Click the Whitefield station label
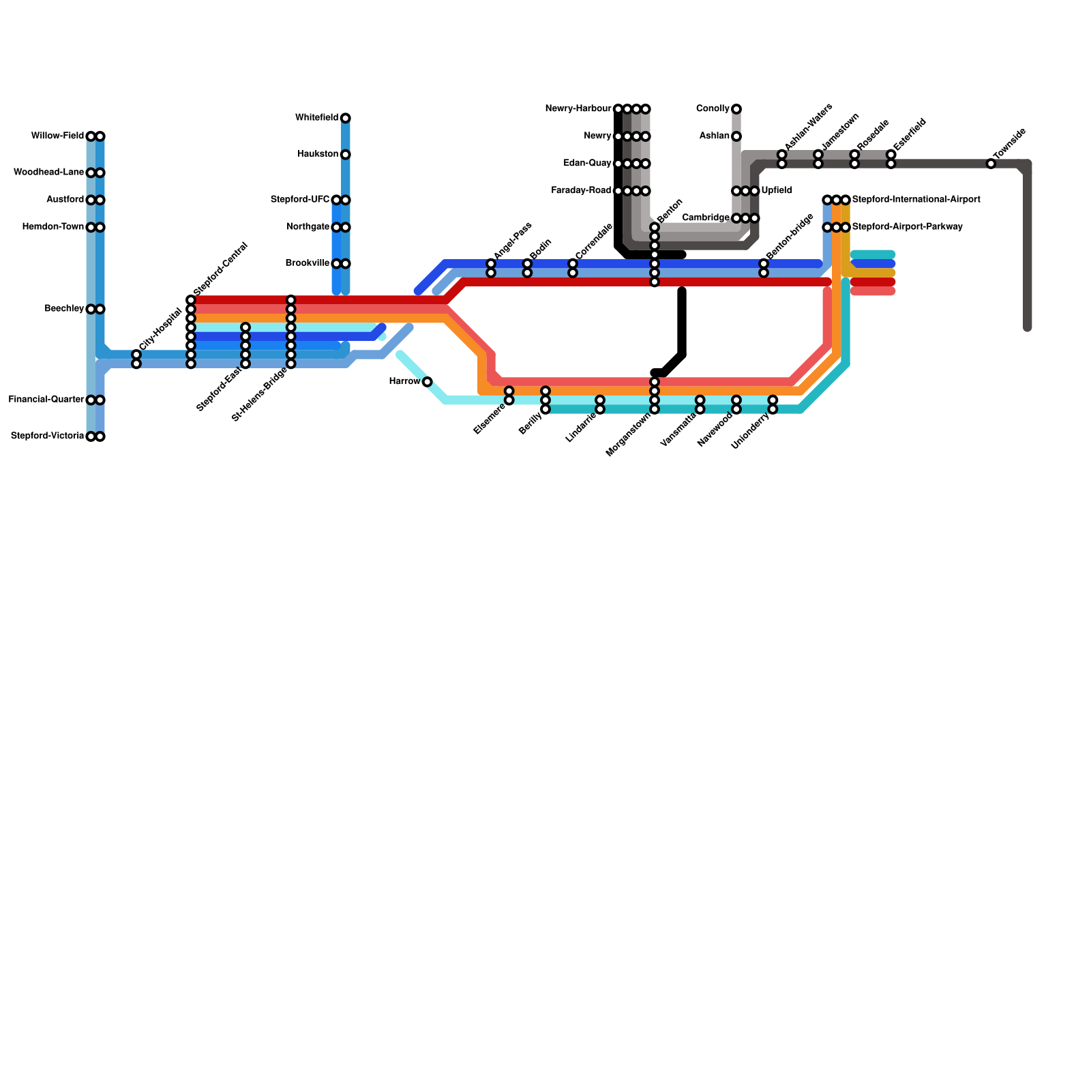tap(316, 118)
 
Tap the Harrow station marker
tap(427, 382)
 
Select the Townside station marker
tap(991, 164)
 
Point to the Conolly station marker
tap(736, 109)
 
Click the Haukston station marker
tap(346, 155)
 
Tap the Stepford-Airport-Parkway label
tap(907, 227)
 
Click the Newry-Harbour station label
tap(578, 109)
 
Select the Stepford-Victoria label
tap(47, 436)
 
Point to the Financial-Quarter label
tap(46, 400)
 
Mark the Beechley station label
tap(64, 309)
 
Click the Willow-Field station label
tap(57, 136)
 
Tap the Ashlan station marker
tap(736, 136)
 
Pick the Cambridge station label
tap(706, 218)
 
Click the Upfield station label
tap(777, 191)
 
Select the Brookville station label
tap(308, 263)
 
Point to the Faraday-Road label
tap(581, 191)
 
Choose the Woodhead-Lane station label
tap(48, 173)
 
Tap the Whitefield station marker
tap(346, 118)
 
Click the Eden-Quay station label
tap(587, 164)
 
